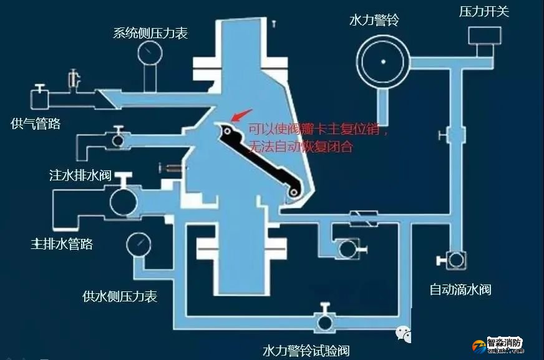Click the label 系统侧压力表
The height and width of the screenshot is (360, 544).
150,32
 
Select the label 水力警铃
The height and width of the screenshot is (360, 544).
374,21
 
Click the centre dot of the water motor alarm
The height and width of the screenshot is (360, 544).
383,61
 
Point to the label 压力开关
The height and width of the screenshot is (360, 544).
484,11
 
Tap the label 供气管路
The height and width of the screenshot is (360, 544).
36,124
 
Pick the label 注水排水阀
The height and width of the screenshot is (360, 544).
80,174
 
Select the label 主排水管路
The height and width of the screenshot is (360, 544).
62,243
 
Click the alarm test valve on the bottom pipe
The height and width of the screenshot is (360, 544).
324,322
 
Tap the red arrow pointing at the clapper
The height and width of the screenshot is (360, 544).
238,116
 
